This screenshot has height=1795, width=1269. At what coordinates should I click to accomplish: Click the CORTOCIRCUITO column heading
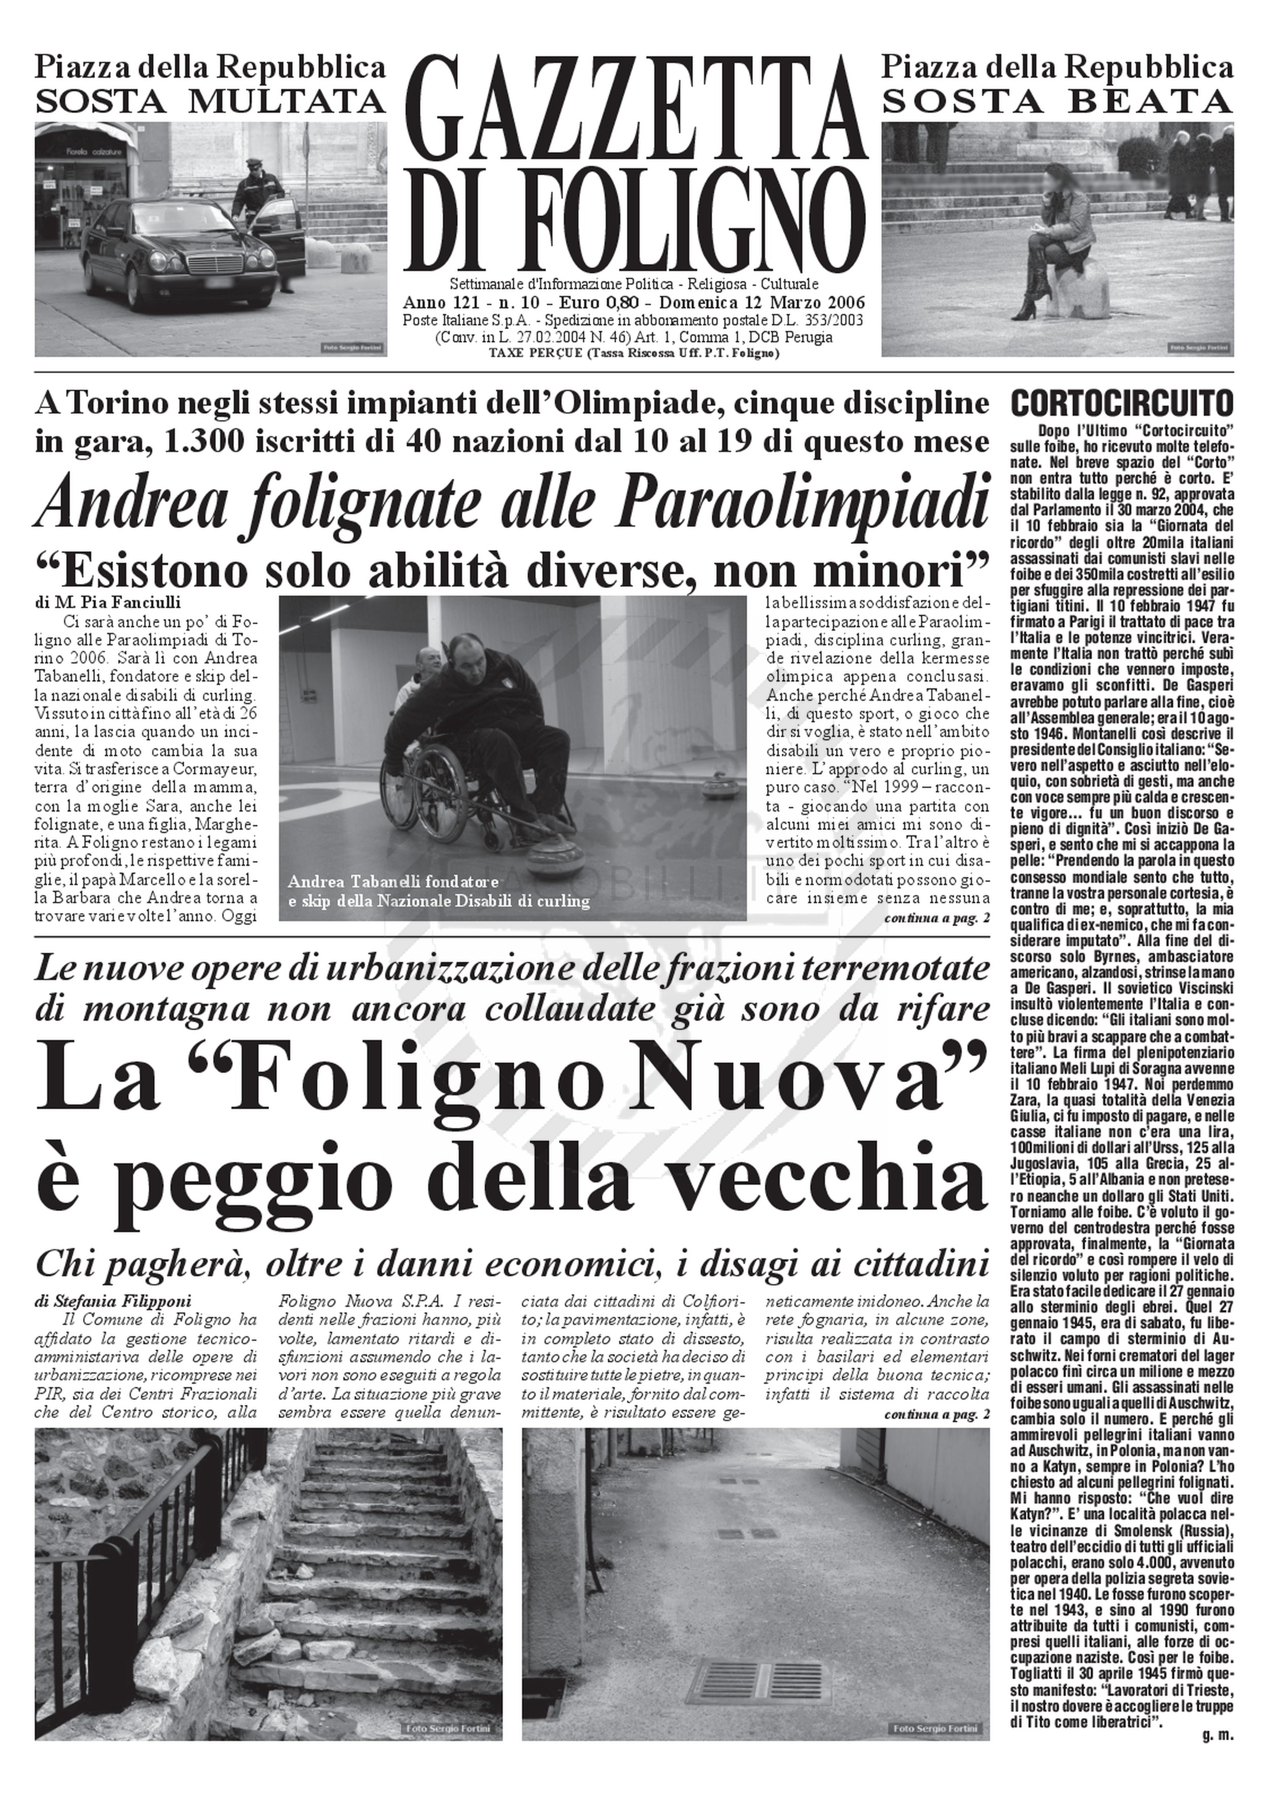click(1122, 404)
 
